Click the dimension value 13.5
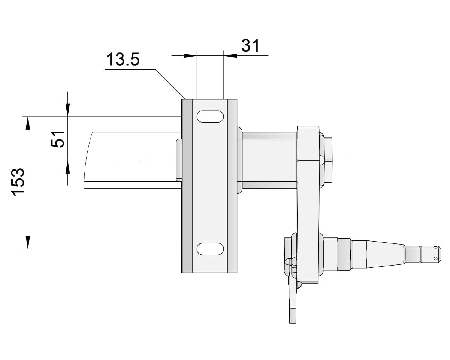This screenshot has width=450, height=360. click(x=123, y=60)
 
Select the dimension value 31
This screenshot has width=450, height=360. click(x=250, y=46)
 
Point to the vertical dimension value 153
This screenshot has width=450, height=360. click(x=18, y=181)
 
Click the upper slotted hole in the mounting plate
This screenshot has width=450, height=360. click(x=210, y=117)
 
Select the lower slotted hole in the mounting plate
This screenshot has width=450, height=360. click(x=210, y=248)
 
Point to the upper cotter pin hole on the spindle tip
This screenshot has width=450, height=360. click(x=435, y=247)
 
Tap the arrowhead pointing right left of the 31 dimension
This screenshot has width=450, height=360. click(x=190, y=56)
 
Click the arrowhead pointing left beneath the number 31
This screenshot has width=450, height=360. click(x=230, y=56)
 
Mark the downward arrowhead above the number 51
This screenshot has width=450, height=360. click(x=67, y=110)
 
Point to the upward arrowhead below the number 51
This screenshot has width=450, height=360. click(x=67, y=167)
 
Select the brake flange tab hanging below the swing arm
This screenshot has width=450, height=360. click(x=292, y=300)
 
